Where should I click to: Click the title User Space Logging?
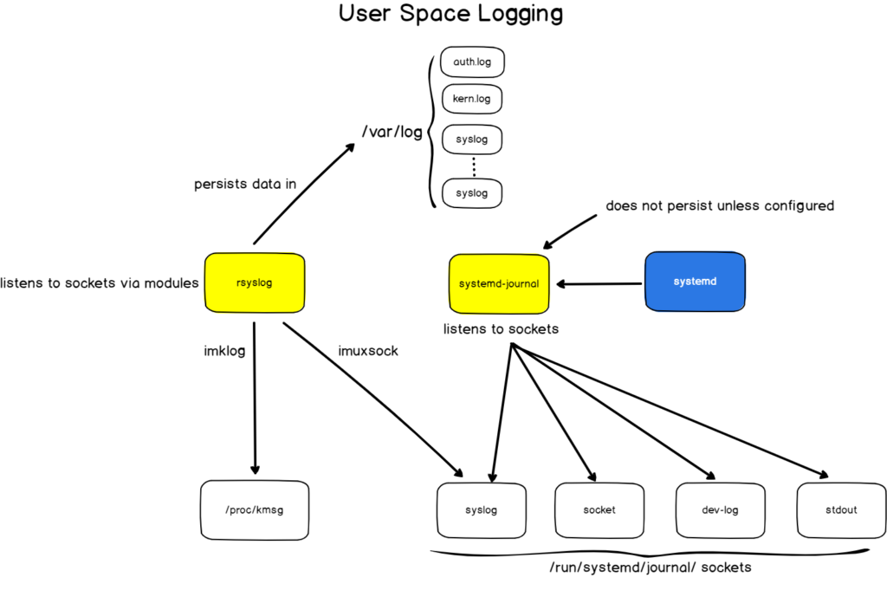(450, 15)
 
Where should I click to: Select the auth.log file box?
(472, 62)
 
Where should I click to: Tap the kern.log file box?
(472, 99)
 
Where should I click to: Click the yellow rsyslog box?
(255, 282)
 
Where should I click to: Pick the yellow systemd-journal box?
(499, 283)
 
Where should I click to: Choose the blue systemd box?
(695, 282)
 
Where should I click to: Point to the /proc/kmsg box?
(255, 509)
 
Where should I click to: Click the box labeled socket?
(599, 509)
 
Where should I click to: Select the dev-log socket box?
(719, 509)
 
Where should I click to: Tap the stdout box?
(840, 509)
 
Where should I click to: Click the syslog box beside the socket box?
(481, 509)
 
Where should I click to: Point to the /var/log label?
(392, 133)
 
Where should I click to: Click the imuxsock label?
(367, 351)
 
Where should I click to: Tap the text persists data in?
(244, 184)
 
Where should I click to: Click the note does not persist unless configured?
(719, 205)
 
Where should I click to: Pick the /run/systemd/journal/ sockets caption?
(650, 568)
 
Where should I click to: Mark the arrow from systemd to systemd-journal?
(599, 283)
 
